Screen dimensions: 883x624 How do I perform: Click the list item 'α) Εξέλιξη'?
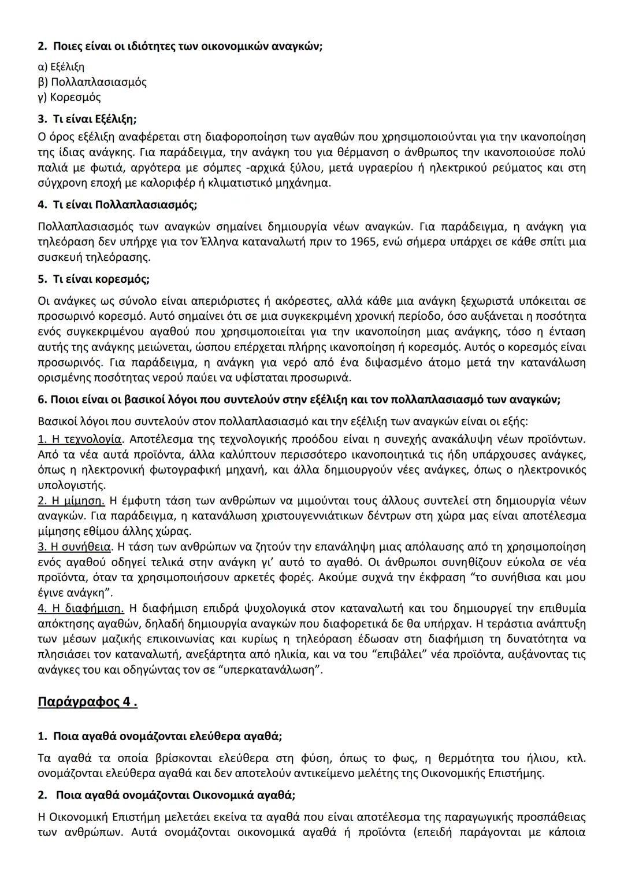[61, 66]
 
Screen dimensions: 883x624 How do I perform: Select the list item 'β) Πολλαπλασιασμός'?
[92, 82]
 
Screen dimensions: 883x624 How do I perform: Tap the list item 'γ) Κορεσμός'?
[69, 97]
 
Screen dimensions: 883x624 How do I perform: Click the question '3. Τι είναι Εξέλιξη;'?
[87, 119]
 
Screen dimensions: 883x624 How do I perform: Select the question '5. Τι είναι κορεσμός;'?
[94, 279]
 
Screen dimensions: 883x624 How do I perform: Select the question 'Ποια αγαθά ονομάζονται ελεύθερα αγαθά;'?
[167, 736]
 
